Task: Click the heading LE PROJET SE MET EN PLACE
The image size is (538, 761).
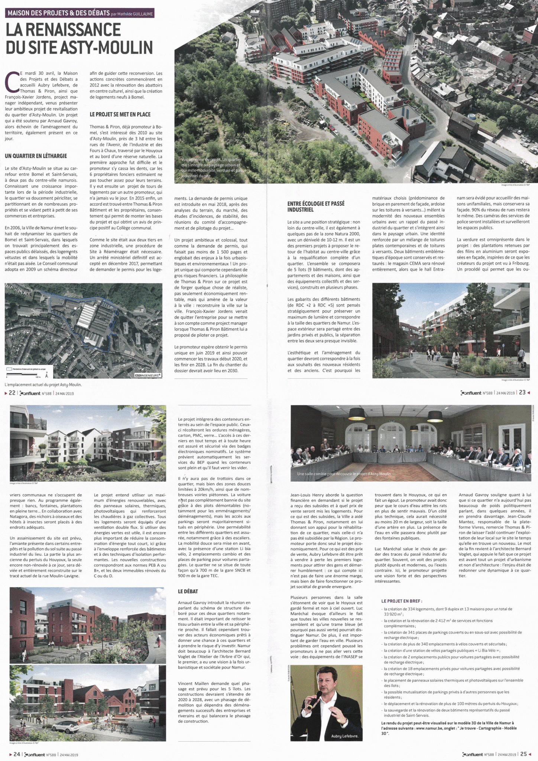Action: [120, 114]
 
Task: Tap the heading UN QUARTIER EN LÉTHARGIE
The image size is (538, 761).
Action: [36, 156]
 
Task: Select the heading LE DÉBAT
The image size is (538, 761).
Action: [188, 591]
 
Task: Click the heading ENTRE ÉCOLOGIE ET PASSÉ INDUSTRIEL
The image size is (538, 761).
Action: [316, 207]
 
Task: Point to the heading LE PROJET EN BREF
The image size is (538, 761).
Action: [402, 601]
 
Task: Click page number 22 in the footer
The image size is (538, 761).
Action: [12, 393]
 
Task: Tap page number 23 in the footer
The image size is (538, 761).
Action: [522, 392]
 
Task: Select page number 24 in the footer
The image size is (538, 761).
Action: [17, 754]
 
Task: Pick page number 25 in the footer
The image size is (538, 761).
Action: [524, 754]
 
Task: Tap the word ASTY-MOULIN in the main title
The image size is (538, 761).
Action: [112, 48]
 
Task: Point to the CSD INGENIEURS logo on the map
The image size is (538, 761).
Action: [148, 375]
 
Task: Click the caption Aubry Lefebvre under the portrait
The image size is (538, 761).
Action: [344, 736]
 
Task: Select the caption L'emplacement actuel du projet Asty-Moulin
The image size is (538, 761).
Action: [43, 385]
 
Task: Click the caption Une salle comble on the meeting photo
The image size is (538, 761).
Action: [344, 474]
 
